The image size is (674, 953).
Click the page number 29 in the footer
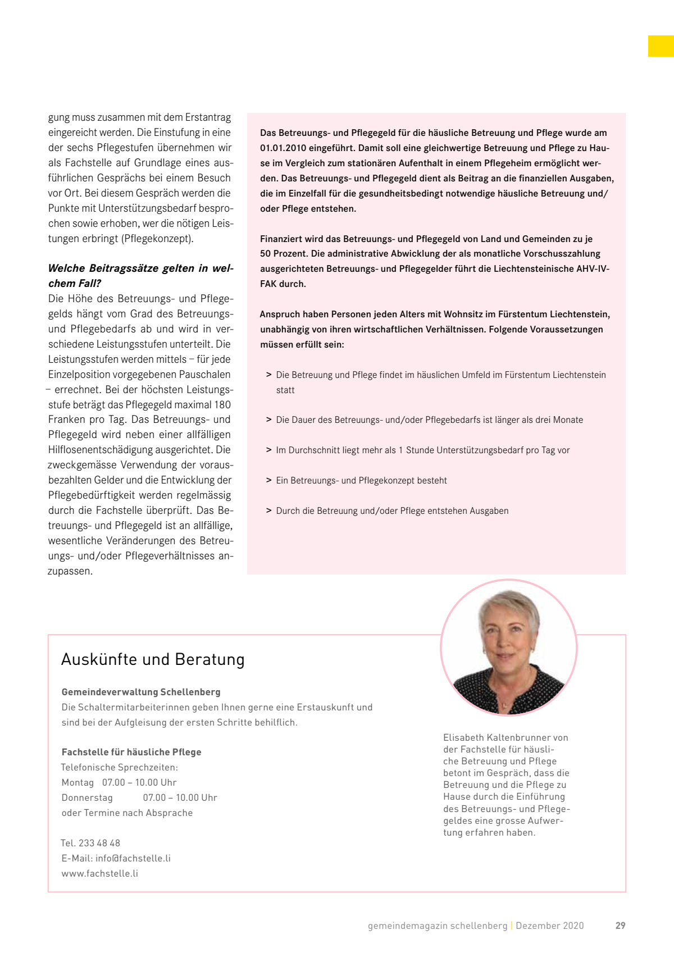[x=620, y=925]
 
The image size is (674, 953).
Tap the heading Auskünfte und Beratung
[x=153, y=659]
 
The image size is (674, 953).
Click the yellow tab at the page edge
[x=661, y=46]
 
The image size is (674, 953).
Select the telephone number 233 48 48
[x=99, y=843]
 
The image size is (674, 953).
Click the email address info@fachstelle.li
[x=133, y=858]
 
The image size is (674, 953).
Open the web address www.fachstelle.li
[x=100, y=873]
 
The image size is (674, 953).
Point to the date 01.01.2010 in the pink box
[x=283, y=148]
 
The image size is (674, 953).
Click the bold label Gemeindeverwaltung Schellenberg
[x=141, y=692]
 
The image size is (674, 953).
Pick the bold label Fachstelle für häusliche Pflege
[x=131, y=752]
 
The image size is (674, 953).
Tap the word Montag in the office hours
[x=78, y=782]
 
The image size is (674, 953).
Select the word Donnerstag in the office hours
[x=87, y=797]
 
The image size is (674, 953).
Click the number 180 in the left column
[x=222, y=404]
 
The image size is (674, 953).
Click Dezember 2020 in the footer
[x=549, y=925]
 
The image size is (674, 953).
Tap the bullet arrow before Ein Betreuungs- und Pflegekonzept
[x=269, y=480]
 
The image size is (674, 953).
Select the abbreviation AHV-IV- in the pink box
[x=593, y=269]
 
